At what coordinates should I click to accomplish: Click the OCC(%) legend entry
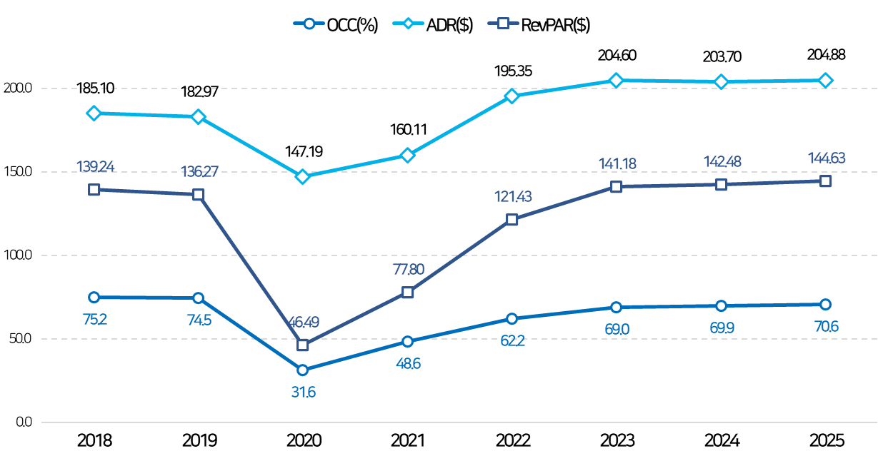coord(336,24)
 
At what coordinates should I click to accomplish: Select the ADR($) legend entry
coord(433,24)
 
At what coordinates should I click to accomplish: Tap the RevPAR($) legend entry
coord(539,24)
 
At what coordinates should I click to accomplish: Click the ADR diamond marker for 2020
coord(303,176)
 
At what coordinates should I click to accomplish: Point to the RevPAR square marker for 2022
coord(512,219)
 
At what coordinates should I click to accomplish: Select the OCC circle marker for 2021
coord(408,341)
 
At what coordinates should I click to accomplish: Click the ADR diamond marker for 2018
coord(94,113)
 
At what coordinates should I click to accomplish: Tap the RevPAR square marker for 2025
coord(825,181)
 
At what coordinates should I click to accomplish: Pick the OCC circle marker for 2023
coord(616,308)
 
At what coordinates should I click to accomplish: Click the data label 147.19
coord(304,151)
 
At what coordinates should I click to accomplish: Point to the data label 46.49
coord(304,322)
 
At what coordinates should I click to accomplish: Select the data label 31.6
coord(304,392)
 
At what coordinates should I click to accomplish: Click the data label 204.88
coord(827,55)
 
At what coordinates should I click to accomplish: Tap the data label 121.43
coord(513,196)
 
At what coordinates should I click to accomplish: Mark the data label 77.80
coord(409,269)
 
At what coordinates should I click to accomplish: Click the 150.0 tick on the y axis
coord(18,171)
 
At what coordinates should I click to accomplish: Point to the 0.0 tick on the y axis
coord(24,422)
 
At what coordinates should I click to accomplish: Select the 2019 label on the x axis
coord(199,441)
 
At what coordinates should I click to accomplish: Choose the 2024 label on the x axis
coord(722,441)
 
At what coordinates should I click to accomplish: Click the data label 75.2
coord(95,320)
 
